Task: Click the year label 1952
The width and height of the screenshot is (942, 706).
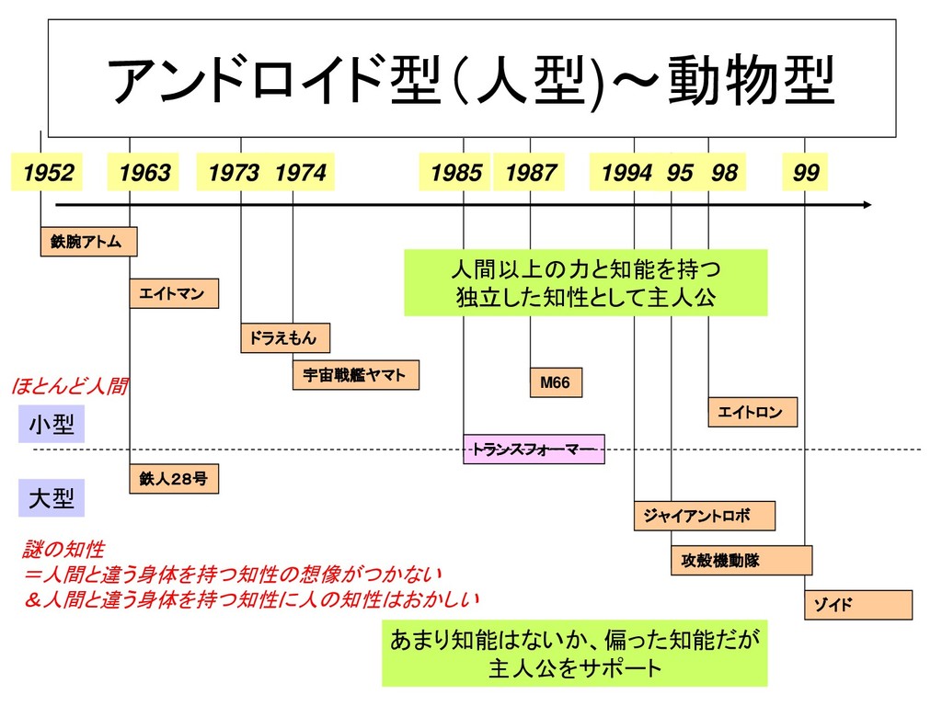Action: [47, 173]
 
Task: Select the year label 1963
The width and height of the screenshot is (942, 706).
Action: [144, 173]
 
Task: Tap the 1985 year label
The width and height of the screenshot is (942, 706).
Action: [455, 173]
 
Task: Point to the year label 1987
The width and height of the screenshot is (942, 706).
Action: [530, 173]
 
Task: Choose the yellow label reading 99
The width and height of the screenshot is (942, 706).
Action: [805, 173]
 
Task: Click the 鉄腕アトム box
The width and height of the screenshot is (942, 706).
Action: [88, 242]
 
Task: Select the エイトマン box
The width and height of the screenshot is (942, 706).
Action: [174, 293]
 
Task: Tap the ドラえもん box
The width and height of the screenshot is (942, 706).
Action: [285, 338]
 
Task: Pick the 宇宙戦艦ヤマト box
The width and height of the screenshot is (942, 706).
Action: [355, 375]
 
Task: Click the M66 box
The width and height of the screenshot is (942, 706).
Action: [556, 382]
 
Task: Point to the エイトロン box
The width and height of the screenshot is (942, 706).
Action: [752, 412]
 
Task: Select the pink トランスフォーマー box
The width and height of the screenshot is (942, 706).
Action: [534, 449]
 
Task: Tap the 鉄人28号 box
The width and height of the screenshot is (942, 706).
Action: [174, 478]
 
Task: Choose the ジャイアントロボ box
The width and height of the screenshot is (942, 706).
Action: [704, 516]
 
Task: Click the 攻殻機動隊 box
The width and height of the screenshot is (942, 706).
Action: [741, 560]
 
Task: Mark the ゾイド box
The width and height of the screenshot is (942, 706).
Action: [858, 605]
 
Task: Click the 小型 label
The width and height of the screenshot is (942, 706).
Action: [52, 425]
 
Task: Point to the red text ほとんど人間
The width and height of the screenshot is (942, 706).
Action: [69, 387]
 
